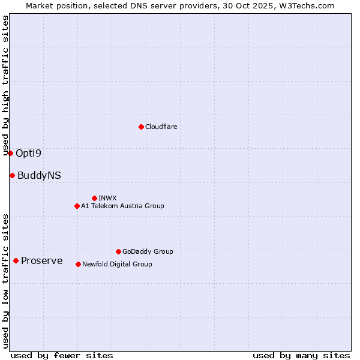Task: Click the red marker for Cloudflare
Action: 141,127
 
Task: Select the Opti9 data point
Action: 10,153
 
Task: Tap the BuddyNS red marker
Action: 12,175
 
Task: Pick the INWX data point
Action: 94,198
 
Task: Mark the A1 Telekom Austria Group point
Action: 77,206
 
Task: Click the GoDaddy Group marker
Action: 118,251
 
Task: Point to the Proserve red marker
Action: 16,260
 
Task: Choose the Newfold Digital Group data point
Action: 78,264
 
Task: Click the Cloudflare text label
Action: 161,127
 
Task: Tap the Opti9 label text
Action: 28,153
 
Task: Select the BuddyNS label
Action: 39,175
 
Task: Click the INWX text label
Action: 107,198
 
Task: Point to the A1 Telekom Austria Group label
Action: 122,206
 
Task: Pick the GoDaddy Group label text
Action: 148,251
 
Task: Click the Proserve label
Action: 41,260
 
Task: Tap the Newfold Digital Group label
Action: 117,264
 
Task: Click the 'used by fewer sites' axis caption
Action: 62,355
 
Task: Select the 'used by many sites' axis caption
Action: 301,355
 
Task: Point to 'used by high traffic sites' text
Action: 6,85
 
